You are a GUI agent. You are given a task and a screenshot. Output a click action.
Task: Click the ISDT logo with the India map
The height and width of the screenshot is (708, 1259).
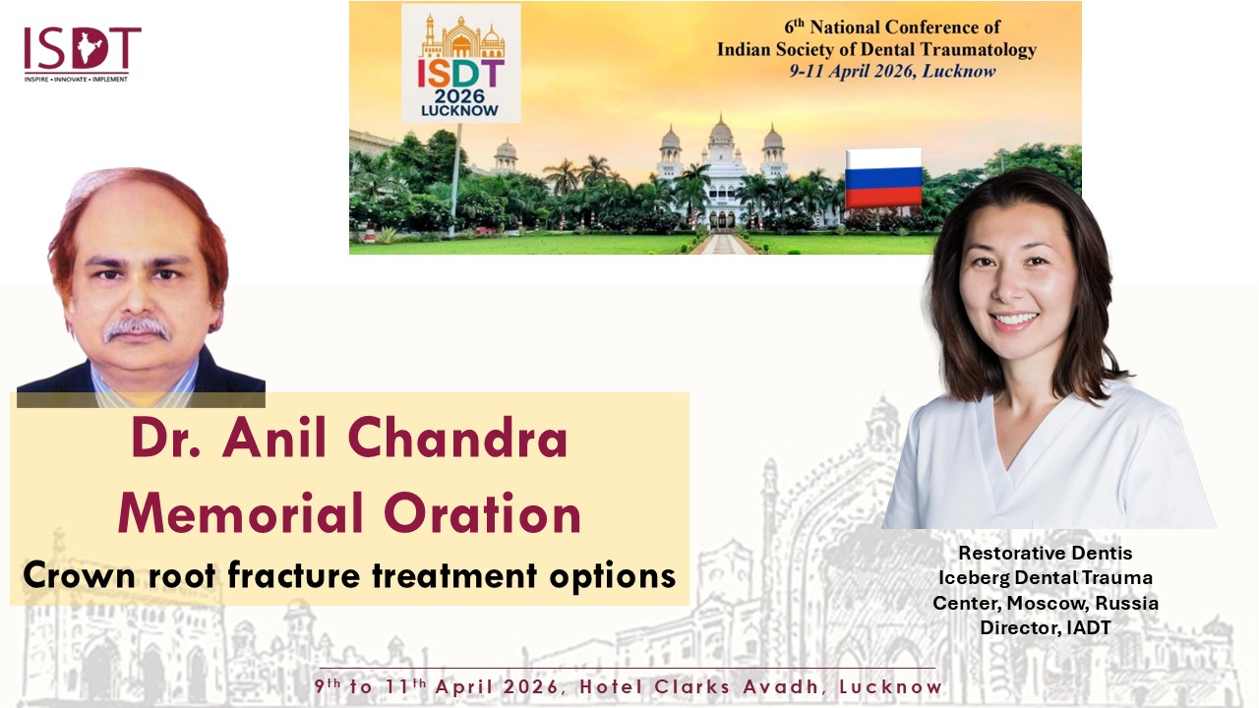(x=82, y=54)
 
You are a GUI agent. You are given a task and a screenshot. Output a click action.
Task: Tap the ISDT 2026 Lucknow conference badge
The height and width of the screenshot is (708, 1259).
(x=461, y=63)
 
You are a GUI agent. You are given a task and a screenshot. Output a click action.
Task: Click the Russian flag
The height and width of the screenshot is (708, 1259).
(x=883, y=178)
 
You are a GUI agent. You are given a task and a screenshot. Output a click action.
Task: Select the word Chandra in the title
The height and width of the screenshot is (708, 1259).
(x=458, y=439)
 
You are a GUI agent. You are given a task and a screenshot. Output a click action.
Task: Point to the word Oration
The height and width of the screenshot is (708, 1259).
(x=482, y=513)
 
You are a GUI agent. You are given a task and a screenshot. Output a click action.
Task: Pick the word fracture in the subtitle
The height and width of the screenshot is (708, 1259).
(x=293, y=575)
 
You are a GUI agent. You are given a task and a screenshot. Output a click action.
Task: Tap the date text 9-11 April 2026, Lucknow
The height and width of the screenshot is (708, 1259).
(x=892, y=72)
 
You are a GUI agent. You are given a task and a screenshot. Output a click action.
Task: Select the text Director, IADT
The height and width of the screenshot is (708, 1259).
(x=1046, y=627)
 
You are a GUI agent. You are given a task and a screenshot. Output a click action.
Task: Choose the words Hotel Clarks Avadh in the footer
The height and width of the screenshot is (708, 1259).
(x=698, y=686)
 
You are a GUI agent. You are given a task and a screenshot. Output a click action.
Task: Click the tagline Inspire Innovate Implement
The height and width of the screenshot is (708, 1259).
(x=76, y=80)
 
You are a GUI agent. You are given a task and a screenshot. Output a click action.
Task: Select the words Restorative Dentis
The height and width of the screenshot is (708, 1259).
(x=1046, y=553)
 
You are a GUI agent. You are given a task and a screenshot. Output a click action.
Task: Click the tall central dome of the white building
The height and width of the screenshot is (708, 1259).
(x=721, y=131)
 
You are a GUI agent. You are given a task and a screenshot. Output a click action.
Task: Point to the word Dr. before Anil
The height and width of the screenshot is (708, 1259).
(x=166, y=439)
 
